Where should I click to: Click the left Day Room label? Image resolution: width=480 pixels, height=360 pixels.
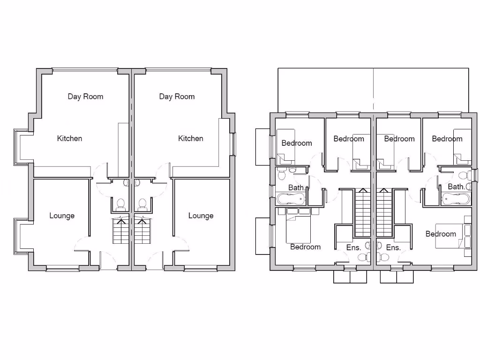85,97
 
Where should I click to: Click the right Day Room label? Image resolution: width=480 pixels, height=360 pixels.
177,97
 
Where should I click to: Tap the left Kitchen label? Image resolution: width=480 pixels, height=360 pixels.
69,138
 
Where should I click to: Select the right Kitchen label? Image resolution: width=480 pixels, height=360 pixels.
190,138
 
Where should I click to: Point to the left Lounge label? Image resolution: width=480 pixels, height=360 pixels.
62,216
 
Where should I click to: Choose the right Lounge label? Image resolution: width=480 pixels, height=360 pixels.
201,216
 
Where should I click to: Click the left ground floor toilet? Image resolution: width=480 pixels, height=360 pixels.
120,204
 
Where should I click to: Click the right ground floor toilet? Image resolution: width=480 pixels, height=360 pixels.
142,204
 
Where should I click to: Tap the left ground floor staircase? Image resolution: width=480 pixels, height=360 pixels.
121,231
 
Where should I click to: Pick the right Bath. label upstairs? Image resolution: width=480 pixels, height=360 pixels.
457,187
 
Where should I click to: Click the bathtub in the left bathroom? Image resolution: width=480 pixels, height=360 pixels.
291,199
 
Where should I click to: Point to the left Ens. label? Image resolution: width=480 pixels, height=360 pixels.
353,247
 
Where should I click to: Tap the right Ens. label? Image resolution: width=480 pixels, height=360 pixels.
393,247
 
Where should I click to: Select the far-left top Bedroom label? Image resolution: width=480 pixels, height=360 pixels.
296,143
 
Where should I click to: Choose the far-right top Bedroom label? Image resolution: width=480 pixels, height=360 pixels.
447,139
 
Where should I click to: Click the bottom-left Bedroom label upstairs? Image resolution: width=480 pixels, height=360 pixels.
305,247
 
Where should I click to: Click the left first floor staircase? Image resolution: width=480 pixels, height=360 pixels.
363,213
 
